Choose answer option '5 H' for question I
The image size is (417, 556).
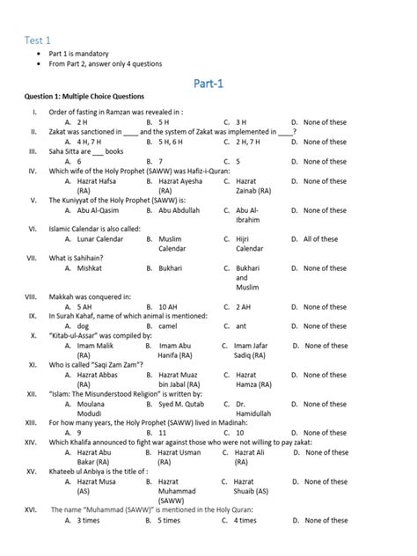coord(164,122)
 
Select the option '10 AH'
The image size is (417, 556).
coord(168,307)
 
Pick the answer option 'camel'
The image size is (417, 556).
coord(167,326)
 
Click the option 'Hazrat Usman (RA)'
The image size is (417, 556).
coord(182,457)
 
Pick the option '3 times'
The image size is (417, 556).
coord(92,520)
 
